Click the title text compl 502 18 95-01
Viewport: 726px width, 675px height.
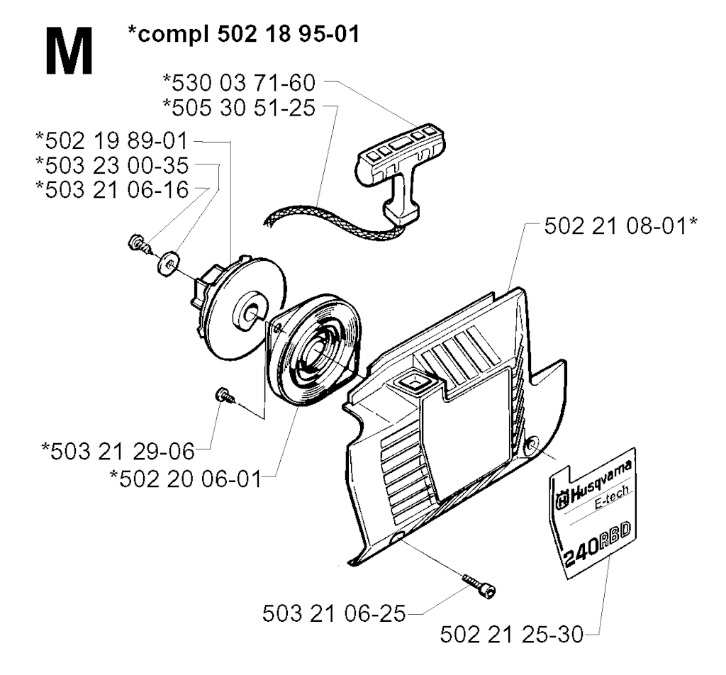point(244,34)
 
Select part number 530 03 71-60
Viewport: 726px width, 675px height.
point(239,83)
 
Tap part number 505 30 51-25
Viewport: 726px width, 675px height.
point(239,107)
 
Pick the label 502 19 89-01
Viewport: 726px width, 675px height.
point(111,140)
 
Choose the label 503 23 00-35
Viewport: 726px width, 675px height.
point(112,165)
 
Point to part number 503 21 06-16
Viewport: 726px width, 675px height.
point(112,190)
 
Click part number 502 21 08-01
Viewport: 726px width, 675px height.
point(620,226)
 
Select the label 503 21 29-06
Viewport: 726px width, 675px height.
point(118,452)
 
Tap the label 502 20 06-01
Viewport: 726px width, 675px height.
point(186,479)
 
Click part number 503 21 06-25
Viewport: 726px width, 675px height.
point(334,614)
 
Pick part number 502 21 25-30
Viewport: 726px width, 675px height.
point(512,635)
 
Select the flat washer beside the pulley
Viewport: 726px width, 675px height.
point(169,262)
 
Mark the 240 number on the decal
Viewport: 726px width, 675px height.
point(581,552)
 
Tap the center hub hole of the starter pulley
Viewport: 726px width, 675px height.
point(252,314)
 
